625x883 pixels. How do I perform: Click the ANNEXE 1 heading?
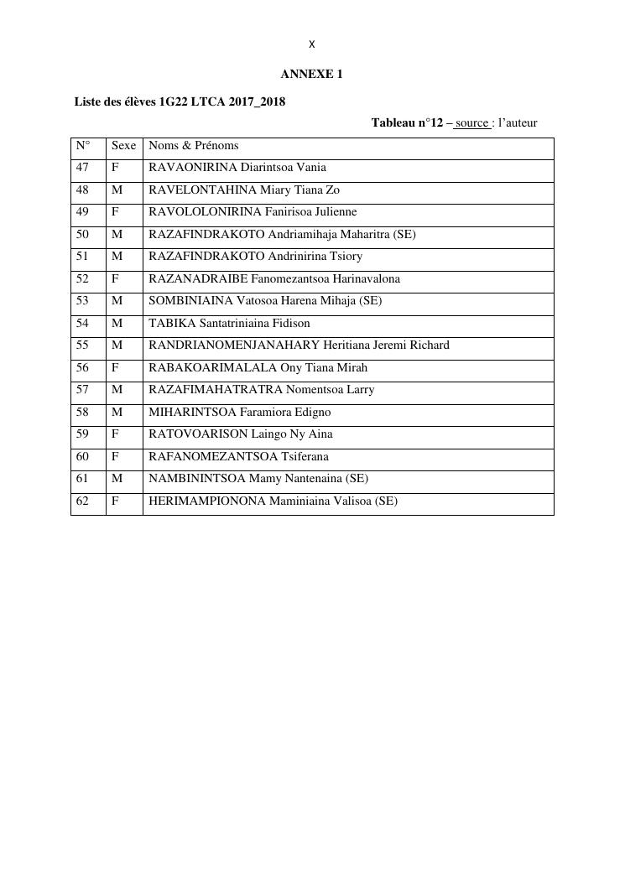311,74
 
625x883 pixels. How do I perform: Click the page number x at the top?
312,44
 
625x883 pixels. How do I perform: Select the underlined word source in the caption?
472,123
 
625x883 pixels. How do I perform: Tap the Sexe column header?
123,146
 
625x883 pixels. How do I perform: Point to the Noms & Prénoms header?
194,146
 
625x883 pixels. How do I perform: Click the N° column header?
83,146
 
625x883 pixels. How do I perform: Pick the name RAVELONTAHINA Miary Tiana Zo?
244,190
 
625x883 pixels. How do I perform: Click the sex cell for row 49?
116,212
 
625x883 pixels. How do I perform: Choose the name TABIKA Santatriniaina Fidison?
229,323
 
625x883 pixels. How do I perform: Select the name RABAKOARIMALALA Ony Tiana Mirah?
258,367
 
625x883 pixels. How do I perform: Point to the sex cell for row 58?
117,412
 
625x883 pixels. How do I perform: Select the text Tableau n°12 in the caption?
407,123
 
